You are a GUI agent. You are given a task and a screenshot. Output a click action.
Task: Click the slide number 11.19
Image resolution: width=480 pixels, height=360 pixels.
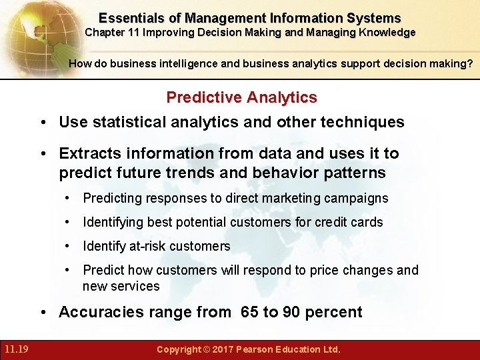pos(15,349)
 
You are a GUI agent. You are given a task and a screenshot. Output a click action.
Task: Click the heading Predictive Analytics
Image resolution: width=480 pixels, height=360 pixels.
pos(241,97)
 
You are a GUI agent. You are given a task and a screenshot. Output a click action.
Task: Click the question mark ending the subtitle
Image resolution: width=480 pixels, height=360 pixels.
pos(471,64)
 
